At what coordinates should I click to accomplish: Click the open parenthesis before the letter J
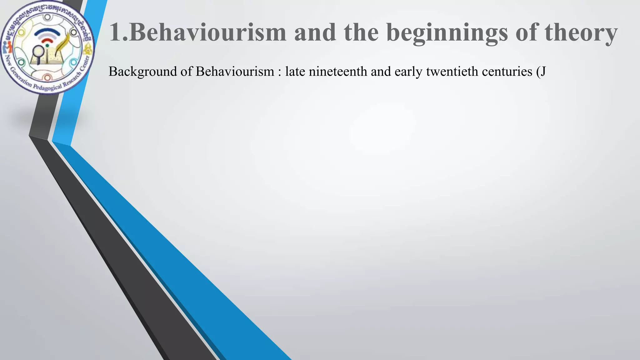(x=538, y=72)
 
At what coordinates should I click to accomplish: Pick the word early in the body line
(x=408, y=72)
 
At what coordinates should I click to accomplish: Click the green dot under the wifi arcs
(x=47, y=46)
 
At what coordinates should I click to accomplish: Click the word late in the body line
(x=295, y=72)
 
